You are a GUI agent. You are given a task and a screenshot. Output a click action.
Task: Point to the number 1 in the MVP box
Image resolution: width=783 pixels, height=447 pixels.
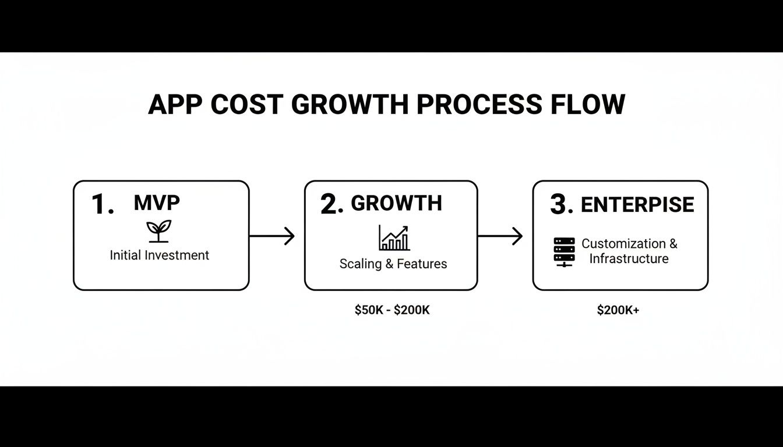click(102, 205)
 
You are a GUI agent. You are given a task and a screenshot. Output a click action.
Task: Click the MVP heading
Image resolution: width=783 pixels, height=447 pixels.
click(157, 203)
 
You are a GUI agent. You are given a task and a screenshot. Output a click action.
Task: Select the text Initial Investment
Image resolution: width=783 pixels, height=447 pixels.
click(159, 255)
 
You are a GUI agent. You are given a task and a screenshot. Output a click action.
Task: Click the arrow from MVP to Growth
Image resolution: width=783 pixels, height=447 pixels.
click(272, 236)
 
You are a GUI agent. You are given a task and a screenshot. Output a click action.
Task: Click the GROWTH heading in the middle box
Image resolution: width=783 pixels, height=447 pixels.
click(396, 203)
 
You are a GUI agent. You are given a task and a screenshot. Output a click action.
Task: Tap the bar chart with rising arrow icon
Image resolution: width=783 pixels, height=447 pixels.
click(394, 238)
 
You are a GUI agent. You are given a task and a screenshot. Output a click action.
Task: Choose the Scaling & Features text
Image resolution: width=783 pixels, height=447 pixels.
click(393, 264)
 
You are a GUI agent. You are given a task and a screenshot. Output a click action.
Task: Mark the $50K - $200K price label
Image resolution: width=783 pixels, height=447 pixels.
click(392, 310)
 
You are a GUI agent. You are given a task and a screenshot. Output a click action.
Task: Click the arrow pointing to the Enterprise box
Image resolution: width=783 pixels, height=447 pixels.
click(500, 236)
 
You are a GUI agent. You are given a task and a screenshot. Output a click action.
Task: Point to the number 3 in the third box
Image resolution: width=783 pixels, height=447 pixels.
click(560, 205)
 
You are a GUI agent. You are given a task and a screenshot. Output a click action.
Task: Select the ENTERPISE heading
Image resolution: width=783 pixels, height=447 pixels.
click(637, 205)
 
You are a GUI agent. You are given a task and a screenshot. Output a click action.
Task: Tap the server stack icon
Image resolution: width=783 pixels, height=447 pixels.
click(564, 252)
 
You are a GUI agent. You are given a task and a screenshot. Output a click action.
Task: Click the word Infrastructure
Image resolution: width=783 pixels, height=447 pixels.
click(629, 258)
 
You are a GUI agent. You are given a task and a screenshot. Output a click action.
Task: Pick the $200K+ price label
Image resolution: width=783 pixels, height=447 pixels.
click(618, 310)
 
